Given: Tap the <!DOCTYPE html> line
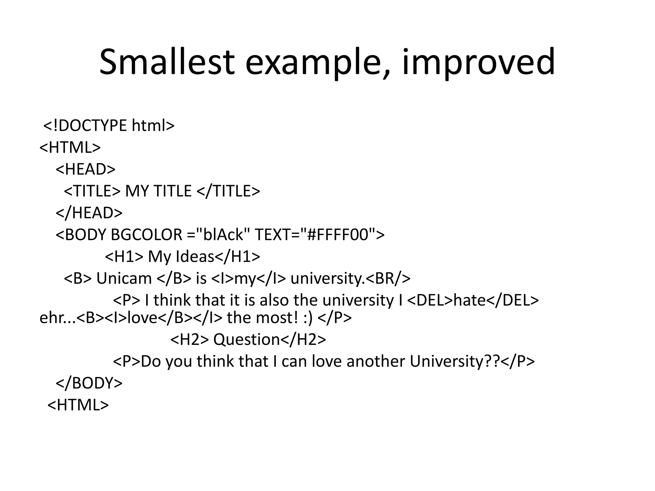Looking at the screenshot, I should click(109, 125).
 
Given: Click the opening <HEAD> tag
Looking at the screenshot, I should click(85, 169).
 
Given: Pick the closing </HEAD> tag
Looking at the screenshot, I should click(89, 213).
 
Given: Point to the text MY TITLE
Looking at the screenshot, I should click(158, 191).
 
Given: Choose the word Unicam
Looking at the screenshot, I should click(124, 278).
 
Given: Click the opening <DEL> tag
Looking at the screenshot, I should click(430, 300).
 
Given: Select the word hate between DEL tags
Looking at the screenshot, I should click(470, 300).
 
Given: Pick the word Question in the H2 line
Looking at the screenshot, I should click(247, 339).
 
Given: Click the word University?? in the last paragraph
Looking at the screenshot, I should click(454, 361).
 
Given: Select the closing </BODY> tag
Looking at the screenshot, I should click(89, 383).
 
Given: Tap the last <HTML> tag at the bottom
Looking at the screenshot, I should click(78, 405).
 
